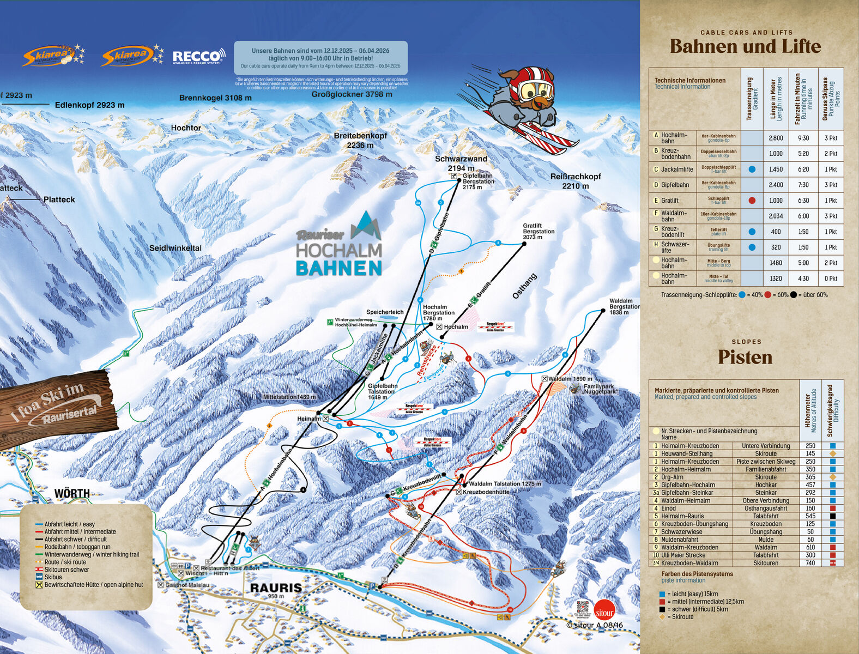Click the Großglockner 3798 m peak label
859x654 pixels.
[x=352, y=94]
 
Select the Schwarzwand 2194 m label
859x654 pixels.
[x=461, y=163]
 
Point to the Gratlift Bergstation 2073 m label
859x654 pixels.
[x=539, y=231]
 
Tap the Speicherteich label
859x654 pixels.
[x=385, y=312]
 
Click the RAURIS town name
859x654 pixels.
[x=276, y=588]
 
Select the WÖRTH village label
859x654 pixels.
[x=72, y=494]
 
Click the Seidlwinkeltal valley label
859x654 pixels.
[x=176, y=248]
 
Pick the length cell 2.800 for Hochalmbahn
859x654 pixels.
[x=776, y=138]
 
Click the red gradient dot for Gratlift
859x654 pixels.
[x=752, y=201]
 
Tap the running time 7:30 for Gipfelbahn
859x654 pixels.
[x=803, y=185]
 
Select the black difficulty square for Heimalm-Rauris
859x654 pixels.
[x=832, y=516]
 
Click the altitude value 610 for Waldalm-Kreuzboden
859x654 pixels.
[x=810, y=547]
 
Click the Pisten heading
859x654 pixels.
[x=745, y=357]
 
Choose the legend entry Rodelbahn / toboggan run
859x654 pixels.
[x=77, y=547]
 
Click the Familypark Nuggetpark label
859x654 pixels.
[x=601, y=389]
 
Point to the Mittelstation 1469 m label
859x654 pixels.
[x=289, y=397]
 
